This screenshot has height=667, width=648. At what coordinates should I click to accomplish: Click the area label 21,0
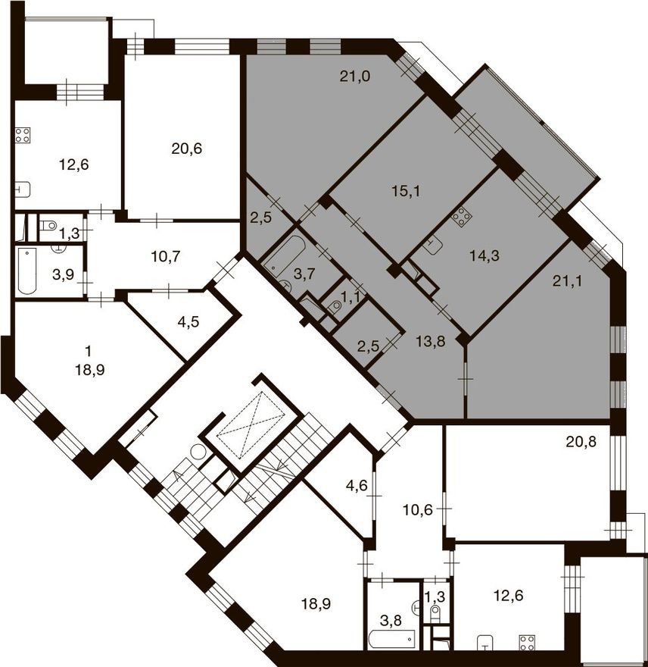pos(355,77)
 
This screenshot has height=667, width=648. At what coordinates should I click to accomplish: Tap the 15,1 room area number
pos(406,192)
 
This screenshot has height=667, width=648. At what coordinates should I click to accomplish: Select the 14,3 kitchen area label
pos(484,255)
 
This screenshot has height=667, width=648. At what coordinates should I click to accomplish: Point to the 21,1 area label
pos(568,281)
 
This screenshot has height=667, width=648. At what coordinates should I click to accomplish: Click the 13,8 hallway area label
pos(431,341)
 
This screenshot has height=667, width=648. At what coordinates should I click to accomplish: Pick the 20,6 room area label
pos(186,149)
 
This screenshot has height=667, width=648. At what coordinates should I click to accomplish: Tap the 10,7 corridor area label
pos(166,256)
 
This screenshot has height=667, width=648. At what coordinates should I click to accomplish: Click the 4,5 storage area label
pos(188,322)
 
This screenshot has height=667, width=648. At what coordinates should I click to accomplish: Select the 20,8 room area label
pos(581,442)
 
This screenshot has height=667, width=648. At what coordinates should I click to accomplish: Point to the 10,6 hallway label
pos(418,509)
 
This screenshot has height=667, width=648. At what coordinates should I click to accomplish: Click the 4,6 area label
pos(357,485)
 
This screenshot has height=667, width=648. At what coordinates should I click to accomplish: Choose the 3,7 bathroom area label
pos(304,274)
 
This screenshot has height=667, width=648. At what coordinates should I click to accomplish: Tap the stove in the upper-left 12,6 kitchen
pos(23,135)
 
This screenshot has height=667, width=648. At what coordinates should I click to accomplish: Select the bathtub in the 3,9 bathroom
pos(27,271)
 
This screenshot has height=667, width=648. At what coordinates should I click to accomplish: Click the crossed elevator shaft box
pos(250,425)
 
